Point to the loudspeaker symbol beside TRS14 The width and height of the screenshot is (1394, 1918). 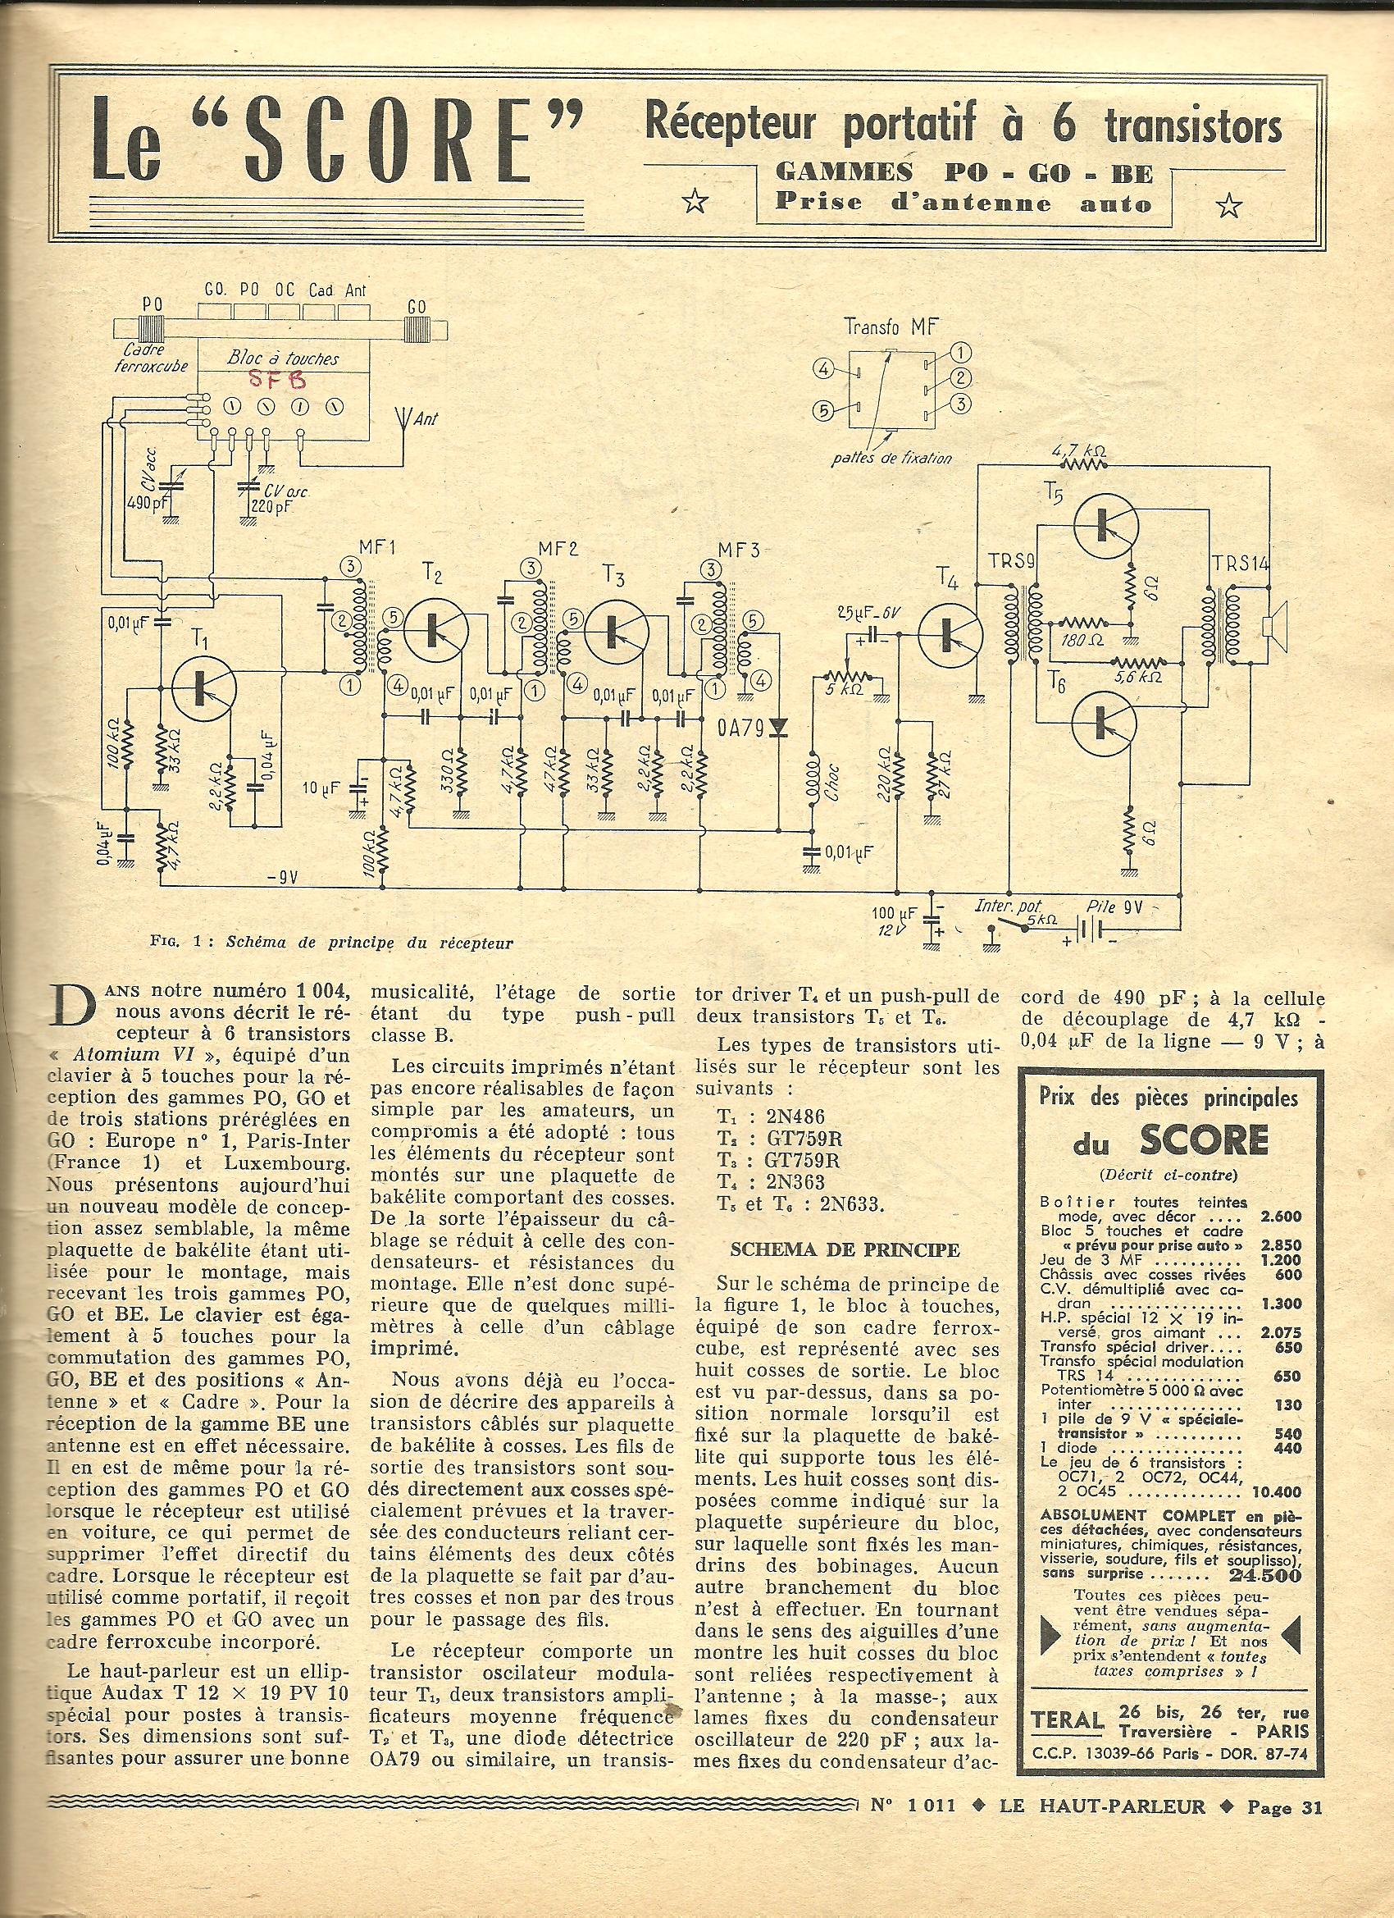click(x=1272, y=626)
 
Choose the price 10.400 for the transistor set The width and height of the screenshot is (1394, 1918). click(x=1276, y=1491)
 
